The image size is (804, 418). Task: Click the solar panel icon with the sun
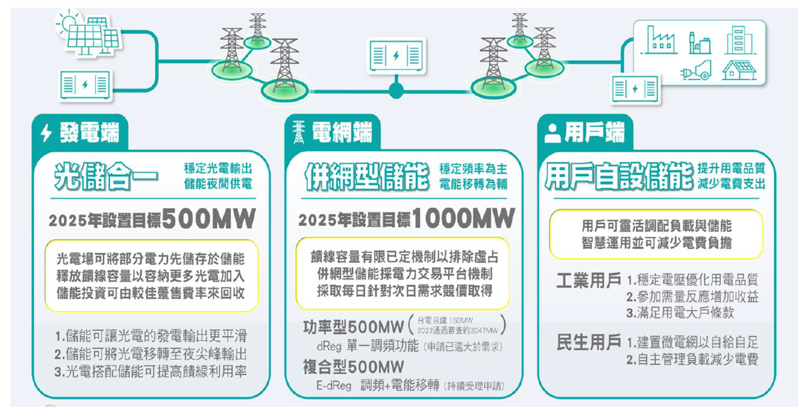tap(88, 33)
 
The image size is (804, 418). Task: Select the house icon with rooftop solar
tap(739, 69)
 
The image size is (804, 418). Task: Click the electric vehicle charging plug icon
tap(696, 70)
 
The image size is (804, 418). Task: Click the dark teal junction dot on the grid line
tap(396, 90)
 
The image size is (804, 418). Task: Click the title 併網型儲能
tap(367, 176)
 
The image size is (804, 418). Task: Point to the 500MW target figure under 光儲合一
tap(209, 219)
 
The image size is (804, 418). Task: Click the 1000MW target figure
tap(463, 219)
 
